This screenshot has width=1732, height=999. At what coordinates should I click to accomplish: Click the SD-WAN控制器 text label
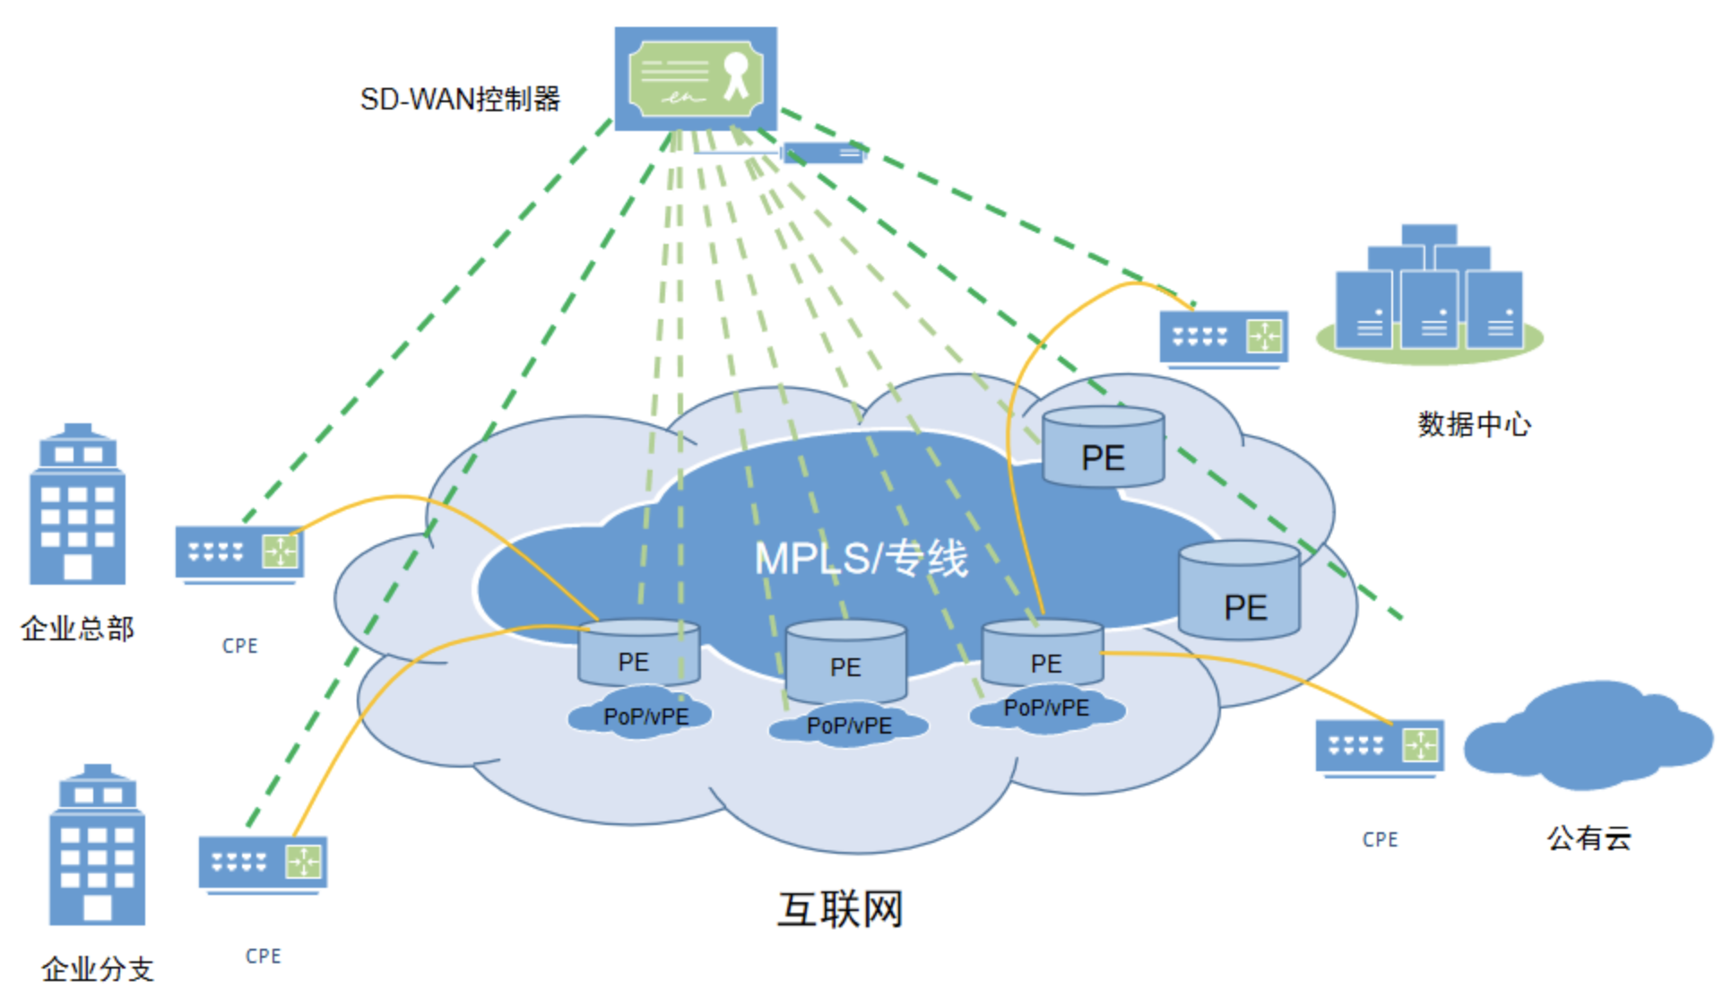460,99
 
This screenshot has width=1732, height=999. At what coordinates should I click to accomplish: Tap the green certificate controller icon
696,78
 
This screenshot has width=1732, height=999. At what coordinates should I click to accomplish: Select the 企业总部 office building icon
78,504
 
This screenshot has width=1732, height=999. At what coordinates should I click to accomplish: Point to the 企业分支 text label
98,969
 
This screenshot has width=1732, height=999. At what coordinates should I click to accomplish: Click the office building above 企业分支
97,845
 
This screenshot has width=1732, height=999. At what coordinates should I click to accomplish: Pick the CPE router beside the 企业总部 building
239,554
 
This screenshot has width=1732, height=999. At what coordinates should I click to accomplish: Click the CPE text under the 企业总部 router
240,646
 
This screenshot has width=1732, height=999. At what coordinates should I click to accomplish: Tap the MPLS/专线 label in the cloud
862,558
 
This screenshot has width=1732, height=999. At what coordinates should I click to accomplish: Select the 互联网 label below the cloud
840,909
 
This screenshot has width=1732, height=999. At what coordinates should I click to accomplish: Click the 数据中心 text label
1475,423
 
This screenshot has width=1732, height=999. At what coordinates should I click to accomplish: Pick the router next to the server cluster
1224,338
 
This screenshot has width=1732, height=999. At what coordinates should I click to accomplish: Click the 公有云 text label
1589,838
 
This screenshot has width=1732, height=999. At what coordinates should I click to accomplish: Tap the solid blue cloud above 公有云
1588,735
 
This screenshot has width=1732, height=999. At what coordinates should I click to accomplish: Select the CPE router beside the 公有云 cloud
1380,747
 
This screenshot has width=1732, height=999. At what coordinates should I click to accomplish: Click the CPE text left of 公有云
1381,839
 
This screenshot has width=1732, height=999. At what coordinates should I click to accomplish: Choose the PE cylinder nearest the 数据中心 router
1104,447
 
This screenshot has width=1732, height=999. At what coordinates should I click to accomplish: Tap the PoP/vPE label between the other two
849,725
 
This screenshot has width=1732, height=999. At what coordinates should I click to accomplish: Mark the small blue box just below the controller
823,153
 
